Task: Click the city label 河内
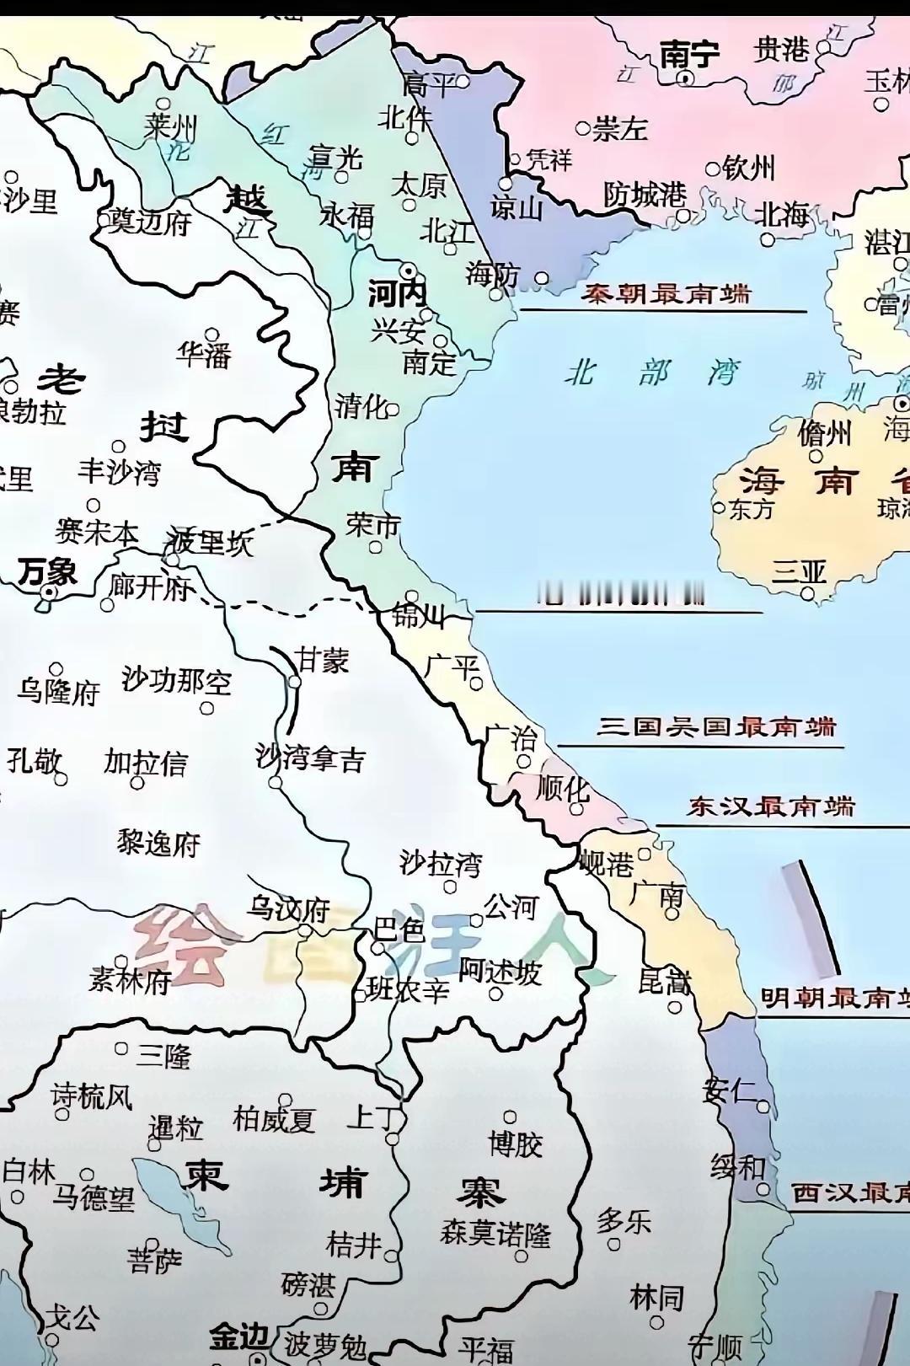pyautogui.click(x=398, y=295)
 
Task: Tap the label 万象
pyautogui.click(x=47, y=572)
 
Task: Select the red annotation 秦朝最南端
pyautogui.click(x=666, y=294)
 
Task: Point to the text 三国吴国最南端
pyautogui.click(x=717, y=726)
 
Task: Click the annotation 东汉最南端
pyautogui.click(x=771, y=806)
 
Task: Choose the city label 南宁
pyautogui.click(x=689, y=55)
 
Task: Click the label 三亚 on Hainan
pyautogui.click(x=799, y=572)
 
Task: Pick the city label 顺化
pyautogui.click(x=563, y=789)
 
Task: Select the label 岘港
pyautogui.click(x=607, y=863)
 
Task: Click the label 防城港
pyautogui.click(x=645, y=196)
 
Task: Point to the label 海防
pyautogui.click(x=493, y=273)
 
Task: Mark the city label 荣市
pyautogui.click(x=372, y=525)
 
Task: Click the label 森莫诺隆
pyautogui.click(x=495, y=1235)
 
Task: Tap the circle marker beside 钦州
pyautogui.click(x=713, y=169)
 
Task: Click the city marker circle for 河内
pyautogui.click(x=409, y=270)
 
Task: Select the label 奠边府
pyautogui.click(x=150, y=222)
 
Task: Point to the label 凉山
pyautogui.click(x=517, y=207)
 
